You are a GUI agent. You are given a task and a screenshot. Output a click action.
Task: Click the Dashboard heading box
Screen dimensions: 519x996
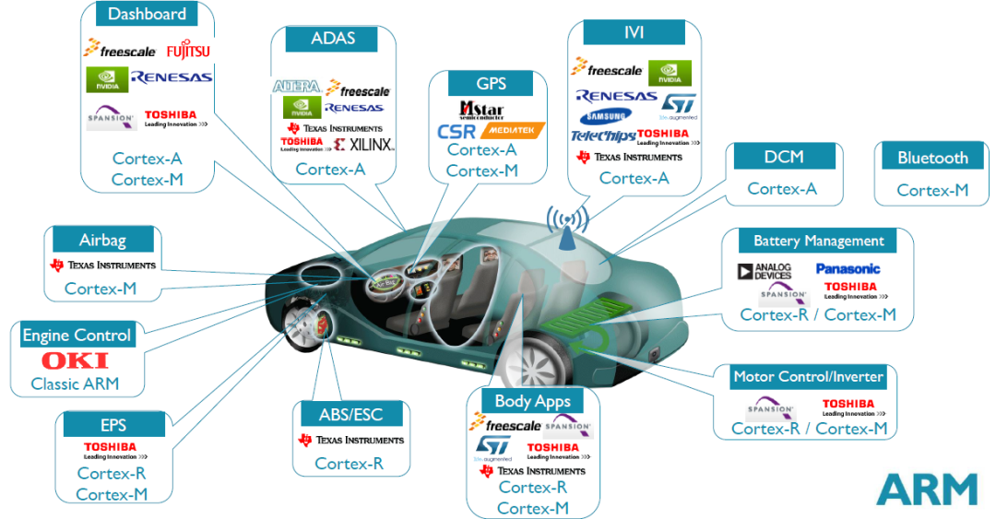point(147,14)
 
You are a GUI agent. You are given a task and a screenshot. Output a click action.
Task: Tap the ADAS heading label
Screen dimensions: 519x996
point(332,39)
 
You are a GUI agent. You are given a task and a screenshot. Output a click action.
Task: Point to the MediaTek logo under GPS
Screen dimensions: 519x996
point(513,130)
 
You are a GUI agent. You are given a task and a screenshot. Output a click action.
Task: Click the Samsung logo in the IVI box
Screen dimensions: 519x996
point(606,116)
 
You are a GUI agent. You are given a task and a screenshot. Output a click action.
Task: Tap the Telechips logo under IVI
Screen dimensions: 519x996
point(602,136)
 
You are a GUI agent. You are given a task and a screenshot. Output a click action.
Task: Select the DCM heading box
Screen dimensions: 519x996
point(784,157)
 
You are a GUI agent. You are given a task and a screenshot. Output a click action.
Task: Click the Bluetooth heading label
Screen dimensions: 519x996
point(932,158)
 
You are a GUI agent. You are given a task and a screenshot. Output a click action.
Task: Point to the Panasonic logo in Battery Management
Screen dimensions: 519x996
point(848,269)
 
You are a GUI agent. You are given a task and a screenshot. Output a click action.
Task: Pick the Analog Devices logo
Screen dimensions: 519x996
point(765,271)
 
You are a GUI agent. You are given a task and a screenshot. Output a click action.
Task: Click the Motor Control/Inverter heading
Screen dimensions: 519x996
point(808,376)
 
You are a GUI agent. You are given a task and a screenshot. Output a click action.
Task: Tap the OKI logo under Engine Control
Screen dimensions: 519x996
point(75,360)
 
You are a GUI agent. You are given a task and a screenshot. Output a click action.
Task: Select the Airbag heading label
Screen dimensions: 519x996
point(102,240)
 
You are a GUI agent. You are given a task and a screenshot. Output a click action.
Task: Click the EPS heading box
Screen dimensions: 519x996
point(113,425)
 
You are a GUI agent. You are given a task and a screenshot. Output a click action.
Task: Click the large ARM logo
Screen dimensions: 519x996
point(926,489)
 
